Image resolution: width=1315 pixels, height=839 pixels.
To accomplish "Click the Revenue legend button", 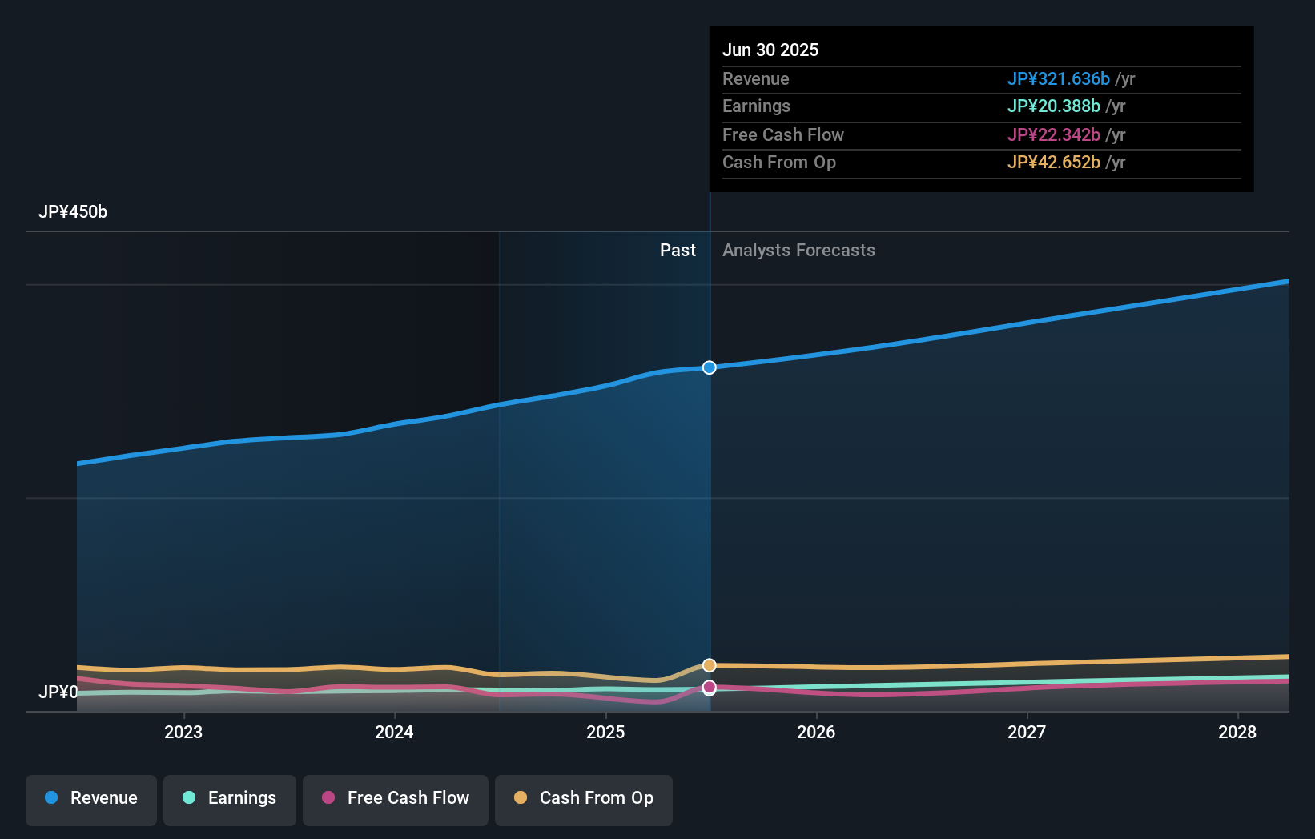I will tap(91, 798).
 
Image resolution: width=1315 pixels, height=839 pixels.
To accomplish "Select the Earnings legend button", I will tap(230, 798).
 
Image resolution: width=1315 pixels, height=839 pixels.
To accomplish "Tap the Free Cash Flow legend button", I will tap(396, 798).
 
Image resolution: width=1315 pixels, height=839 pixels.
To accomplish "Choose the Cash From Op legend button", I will tap(584, 798).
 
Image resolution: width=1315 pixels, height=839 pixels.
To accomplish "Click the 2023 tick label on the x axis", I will tap(183, 732).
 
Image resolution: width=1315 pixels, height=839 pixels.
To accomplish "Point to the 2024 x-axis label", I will tap(394, 732).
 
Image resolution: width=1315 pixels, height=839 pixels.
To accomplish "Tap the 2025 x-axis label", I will tap(605, 732).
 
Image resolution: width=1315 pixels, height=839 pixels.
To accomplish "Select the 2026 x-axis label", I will tap(816, 732).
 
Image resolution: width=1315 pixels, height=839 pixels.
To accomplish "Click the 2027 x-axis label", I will tap(1027, 732).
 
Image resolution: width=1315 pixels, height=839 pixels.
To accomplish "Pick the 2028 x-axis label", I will tap(1237, 732).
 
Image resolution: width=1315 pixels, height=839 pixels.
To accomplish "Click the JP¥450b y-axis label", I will tap(73, 212).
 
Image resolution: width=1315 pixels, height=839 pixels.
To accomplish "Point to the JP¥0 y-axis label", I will tap(58, 692).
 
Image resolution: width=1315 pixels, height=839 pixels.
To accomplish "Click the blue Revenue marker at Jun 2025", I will tap(710, 367).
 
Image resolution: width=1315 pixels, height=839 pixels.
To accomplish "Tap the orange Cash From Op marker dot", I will tap(710, 665).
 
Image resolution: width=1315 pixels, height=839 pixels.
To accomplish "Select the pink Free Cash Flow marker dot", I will tap(710, 688).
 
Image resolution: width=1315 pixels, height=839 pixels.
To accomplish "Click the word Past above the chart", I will tap(678, 251).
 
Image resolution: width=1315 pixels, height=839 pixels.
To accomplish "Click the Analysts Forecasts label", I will tap(798, 251).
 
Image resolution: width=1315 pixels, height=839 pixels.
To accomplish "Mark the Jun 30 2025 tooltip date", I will tap(770, 50).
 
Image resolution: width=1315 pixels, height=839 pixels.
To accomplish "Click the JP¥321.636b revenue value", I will tap(1058, 78).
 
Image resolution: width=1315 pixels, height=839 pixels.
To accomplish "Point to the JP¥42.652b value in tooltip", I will tap(1053, 163).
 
